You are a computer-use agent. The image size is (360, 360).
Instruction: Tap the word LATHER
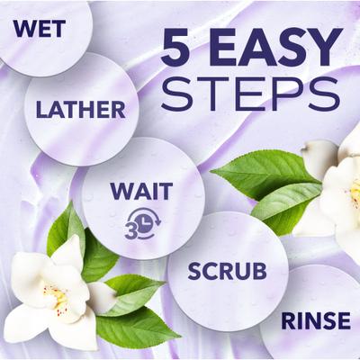click(80, 110)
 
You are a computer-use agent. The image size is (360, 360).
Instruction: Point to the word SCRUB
click(229, 271)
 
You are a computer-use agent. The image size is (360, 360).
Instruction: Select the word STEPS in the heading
click(238, 94)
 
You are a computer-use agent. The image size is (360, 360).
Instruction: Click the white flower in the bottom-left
click(45, 292)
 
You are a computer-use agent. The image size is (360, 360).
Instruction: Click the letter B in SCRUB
click(259, 271)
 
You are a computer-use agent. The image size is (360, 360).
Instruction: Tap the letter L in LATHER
click(41, 110)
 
